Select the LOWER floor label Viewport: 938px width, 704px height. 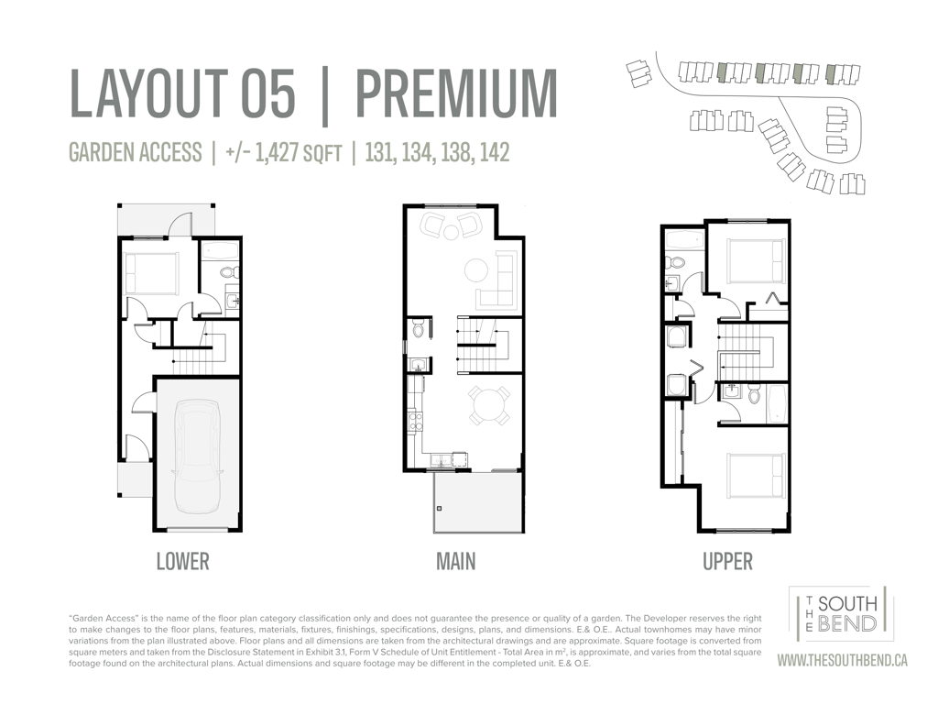pos(183,562)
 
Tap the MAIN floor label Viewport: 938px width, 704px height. pos(456,562)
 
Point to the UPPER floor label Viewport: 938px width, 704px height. pos(727,562)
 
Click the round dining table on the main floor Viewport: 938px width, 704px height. pos(489,406)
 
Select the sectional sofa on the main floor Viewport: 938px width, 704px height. pos(497,280)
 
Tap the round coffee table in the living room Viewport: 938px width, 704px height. pos(477,269)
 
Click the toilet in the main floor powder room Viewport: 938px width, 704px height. pos(419,329)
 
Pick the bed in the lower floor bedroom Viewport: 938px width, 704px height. pos(151,273)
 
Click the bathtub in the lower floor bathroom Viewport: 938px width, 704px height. pos(220,250)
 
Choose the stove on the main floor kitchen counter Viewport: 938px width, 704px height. pos(415,420)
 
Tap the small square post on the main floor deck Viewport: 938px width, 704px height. pos(440,508)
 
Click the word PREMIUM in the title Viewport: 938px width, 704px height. pos(457,93)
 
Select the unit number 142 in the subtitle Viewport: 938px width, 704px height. pos(495,152)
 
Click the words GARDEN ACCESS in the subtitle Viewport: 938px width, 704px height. pos(136,152)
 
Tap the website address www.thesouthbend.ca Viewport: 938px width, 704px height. pos(843,660)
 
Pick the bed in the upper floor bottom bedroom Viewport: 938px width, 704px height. pos(756,477)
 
